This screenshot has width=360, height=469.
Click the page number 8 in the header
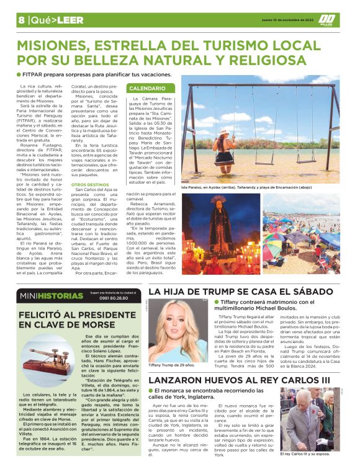coord(21,20)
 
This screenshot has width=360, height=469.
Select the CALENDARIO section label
coord(146,89)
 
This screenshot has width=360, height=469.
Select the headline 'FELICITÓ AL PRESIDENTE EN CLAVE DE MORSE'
coord(78,319)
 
